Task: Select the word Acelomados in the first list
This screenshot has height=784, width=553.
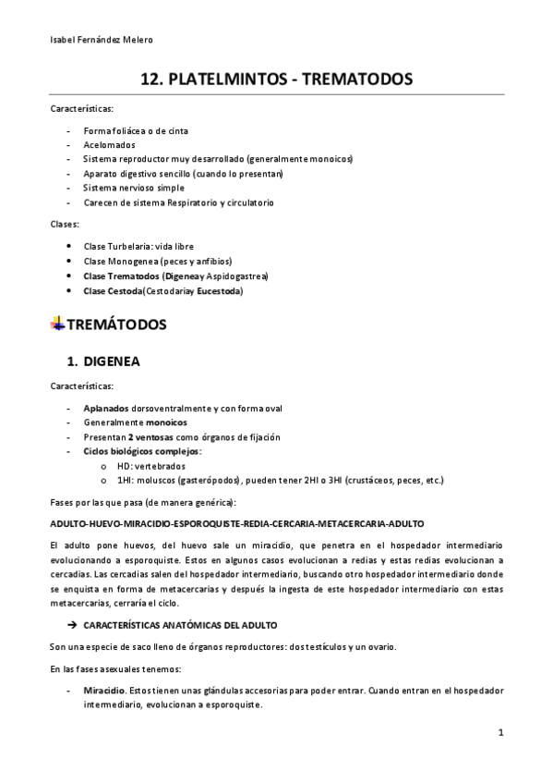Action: (109, 145)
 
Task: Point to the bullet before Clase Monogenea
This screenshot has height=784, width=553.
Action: (71, 261)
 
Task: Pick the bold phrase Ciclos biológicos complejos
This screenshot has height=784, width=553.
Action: (141, 452)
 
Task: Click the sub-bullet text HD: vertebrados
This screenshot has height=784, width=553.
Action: (152, 466)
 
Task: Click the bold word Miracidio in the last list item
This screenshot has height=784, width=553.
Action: (104, 691)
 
